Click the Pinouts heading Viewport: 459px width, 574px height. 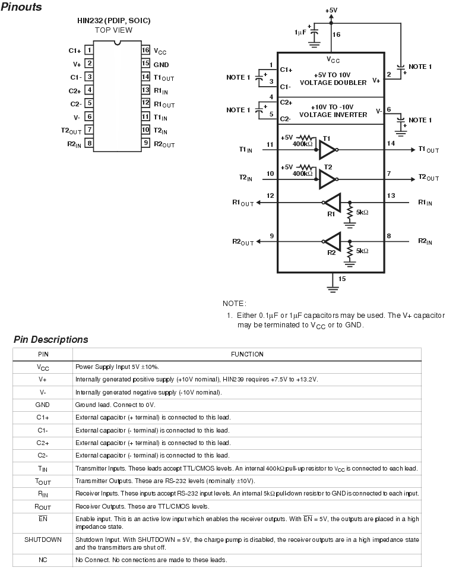[21, 7]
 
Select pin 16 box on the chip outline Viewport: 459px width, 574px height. [145, 50]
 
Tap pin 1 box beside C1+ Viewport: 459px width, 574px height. [89, 50]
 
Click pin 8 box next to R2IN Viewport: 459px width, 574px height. [89, 143]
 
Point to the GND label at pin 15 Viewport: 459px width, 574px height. [161, 65]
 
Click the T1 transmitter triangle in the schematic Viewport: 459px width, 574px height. [327, 150]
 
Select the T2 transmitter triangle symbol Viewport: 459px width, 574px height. [327, 179]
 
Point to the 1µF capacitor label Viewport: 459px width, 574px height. [300, 32]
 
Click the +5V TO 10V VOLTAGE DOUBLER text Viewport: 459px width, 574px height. [333, 78]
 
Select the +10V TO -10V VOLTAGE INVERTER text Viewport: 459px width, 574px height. [333, 111]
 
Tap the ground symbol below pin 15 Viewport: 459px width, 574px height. [333, 289]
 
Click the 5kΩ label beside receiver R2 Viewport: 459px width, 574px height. [362, 251]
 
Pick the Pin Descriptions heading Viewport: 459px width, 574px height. [51, 339]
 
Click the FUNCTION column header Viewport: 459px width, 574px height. [247, 354]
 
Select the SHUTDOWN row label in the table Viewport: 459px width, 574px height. [43, 540]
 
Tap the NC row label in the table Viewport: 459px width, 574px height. [43, 560]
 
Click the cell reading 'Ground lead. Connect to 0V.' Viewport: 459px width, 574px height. [115, 405]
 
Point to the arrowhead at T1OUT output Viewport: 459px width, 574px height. [413, 150]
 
